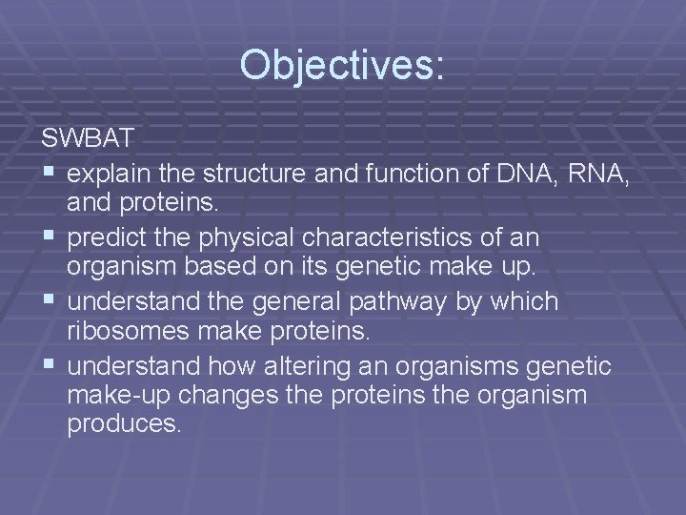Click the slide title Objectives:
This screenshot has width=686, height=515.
[x=342, y=66]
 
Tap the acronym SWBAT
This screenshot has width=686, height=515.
[x=89, y=138]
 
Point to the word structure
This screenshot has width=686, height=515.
[x=256, y=175]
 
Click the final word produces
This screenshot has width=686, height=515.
[x=123, y=422]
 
